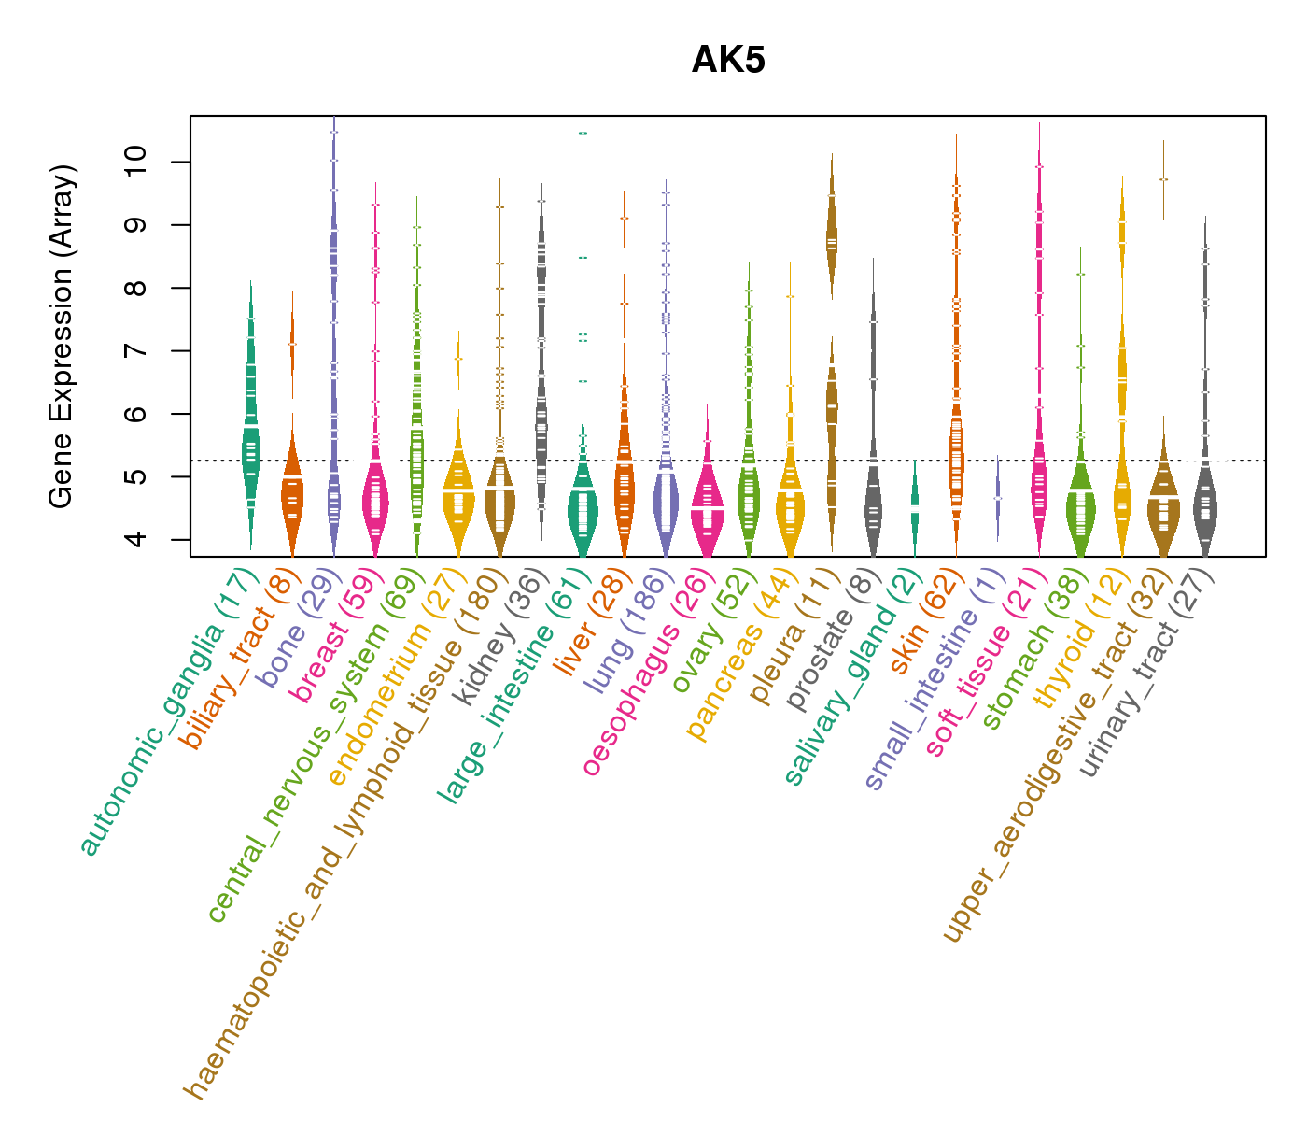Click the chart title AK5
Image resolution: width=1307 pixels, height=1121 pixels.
click(728, 61)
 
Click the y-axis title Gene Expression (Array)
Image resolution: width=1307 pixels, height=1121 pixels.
click(62, 336)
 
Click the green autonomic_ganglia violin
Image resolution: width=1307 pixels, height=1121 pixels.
click(250, 439)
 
